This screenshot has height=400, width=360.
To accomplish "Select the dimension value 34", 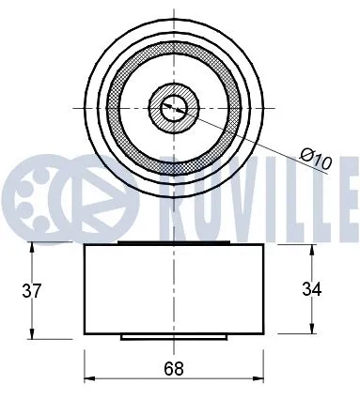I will coord(311,289).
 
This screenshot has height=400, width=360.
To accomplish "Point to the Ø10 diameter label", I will coord(318,161).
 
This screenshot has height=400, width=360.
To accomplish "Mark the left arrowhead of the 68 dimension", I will coord(88,379).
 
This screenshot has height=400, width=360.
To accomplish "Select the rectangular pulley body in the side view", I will coord(174,289).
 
